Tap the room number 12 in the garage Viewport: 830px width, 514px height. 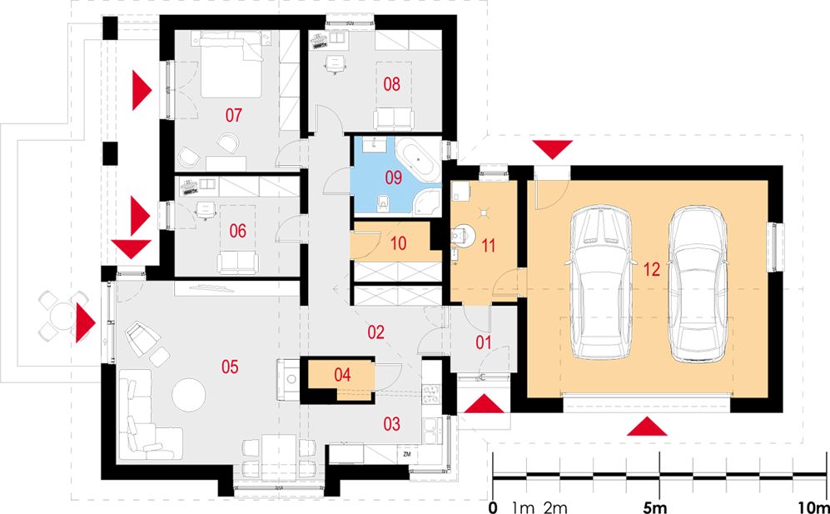pos(652,270)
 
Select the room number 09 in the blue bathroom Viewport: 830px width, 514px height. pos(393,177)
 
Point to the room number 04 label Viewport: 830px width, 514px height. pos(342,375)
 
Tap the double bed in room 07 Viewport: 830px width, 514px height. pos(231,65)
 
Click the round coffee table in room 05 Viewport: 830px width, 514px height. pos(190,395)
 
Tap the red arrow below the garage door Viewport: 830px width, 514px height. pos(647,426)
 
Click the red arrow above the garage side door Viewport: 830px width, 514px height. pos(553,150)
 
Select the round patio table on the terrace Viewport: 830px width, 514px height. pos(63,316)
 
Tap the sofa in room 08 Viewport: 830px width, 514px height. pos(393,119)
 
